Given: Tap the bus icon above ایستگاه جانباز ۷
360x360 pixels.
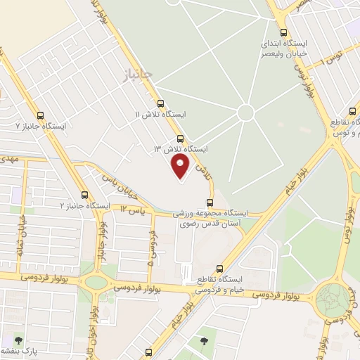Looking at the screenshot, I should click(39, 115).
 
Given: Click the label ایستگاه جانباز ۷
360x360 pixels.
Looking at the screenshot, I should click(41, 126).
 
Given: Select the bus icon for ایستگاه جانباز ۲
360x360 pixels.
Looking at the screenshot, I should click(84, 195).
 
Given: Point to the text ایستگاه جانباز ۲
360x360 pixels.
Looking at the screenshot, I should click(85, 205).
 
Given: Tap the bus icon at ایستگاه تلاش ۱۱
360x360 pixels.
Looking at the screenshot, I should click(160, 103).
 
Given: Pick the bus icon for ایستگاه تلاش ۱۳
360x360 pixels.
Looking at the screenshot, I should click(181, 139).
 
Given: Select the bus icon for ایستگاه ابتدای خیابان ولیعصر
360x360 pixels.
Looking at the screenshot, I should click(283, 32).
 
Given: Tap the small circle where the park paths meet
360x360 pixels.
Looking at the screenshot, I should click(245, 112).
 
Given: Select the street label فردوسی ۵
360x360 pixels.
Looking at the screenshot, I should click(150, 250).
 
